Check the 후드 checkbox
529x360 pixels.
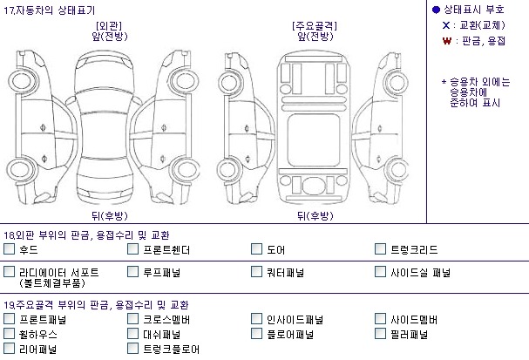(9, 250)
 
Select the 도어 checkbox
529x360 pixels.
(257, 250)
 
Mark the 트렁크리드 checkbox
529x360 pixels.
(382, 250)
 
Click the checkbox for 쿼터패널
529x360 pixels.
(257, 273)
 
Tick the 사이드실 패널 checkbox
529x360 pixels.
(382, 273)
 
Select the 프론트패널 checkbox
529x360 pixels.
(9, 320)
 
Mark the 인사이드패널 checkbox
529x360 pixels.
(257, 320)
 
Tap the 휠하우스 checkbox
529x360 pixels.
(9, 334)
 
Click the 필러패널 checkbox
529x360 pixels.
(382, 334)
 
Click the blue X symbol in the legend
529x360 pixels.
(445, 24)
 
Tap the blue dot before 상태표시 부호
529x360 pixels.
(436, 9)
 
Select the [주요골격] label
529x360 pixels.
(315, 25)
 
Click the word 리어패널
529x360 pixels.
(37, 349)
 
